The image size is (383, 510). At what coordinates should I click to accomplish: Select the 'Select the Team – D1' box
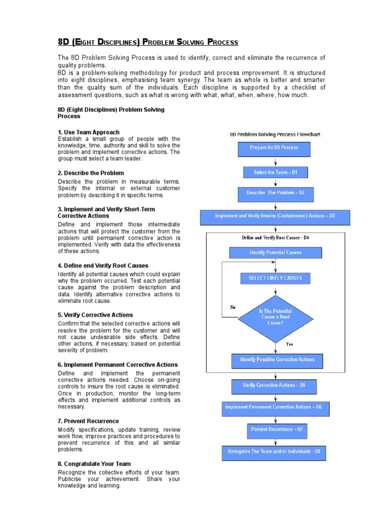tap(276, 172)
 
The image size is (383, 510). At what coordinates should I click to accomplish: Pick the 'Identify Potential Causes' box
tap(275, 253)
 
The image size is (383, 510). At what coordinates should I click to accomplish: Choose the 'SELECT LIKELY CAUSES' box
tap(275, 278)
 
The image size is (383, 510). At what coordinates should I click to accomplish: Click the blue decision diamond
tap(275, 318)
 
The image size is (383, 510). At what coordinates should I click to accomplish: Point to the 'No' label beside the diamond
tap(232, 307)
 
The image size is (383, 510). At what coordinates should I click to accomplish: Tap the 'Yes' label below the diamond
tap(289, 344)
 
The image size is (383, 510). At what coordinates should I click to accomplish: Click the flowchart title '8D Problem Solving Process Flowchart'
tap(275, 134)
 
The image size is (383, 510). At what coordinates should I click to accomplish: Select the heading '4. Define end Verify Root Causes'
tap(103, 265)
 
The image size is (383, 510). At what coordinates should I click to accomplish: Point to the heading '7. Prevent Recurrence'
tap(88, 421)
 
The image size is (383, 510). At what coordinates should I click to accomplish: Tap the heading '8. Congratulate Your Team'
tap(94, 464)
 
